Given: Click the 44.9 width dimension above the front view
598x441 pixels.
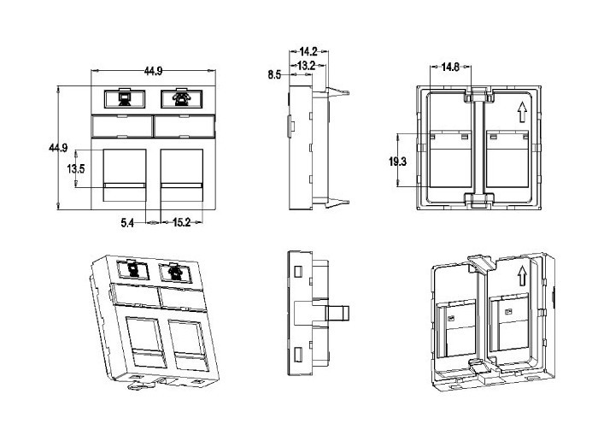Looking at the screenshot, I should [154, 71].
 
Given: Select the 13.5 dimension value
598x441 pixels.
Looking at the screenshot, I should [77, 168].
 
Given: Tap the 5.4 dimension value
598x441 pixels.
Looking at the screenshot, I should [126, 223].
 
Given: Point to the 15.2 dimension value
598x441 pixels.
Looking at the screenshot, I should [182, 223].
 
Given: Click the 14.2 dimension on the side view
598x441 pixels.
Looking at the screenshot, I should [309, 51].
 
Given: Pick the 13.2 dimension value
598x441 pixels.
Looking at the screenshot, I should [306, 64].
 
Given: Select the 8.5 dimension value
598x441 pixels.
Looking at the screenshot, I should [274, 75].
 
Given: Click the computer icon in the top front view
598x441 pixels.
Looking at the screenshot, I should [123, 98].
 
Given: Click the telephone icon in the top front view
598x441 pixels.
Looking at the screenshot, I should [179, 98].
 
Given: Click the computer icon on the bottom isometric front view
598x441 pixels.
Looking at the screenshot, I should [132, 270].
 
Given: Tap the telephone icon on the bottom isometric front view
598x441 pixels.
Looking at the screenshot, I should [175, 273].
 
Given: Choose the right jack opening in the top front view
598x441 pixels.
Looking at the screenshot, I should [181, 175].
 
